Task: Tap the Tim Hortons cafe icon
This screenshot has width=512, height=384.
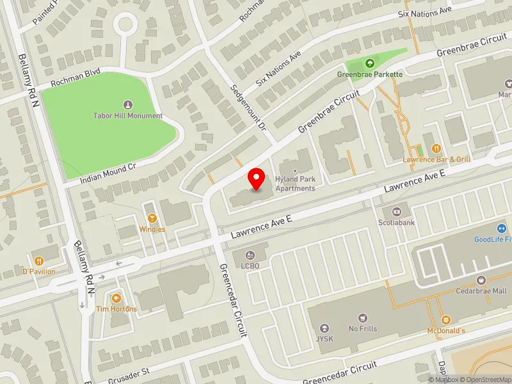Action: [116, 298]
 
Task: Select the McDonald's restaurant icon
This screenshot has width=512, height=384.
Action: [446, 319]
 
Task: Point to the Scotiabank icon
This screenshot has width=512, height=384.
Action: [396, 211]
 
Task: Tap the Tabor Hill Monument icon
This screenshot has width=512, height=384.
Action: [127, 105]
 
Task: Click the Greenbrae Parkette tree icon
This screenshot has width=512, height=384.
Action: [369, 63]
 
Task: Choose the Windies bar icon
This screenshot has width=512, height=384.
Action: [152, 218]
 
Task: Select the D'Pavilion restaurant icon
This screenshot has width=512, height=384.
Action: [39, 260]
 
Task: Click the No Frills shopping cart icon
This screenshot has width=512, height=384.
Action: [363, 317]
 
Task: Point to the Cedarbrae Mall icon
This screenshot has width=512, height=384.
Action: [481, 280]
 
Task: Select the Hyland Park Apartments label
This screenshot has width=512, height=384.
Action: [295, 184]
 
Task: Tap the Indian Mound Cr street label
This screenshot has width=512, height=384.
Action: [109, 173]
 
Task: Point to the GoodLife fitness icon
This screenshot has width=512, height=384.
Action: [501, 228]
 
